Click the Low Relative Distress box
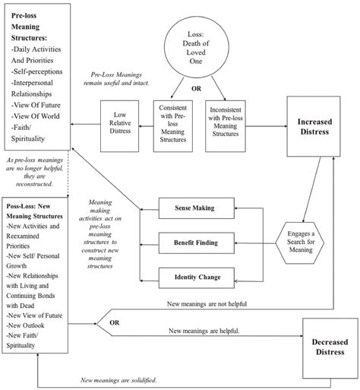pos(122,125)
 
